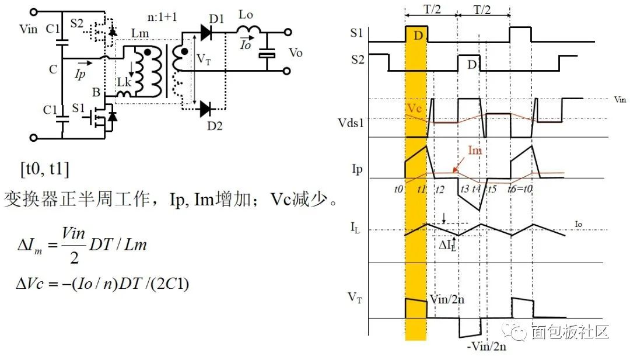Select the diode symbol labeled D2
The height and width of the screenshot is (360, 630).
[x=205, y=108]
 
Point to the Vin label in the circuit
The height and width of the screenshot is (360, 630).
[x=30, y=28]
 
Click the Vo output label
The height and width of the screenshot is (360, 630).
[x=296, y=53]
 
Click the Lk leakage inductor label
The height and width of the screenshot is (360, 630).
[x=124, y=82]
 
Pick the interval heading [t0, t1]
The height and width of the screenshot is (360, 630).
[x=45, y=170]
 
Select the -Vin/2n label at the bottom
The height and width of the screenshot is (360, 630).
[x=486, y=346]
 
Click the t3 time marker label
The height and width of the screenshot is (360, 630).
[x=464, y=189]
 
